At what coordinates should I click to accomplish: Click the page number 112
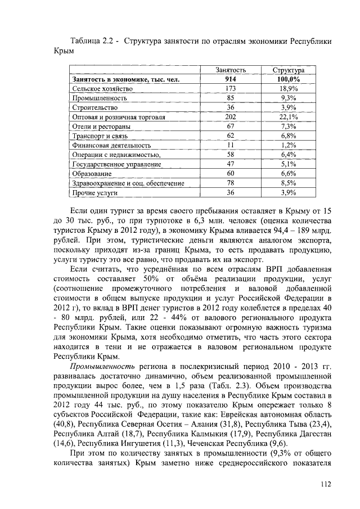pyautogui.click(x=322, y=483)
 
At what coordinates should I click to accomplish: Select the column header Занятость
pyautogui.click(x=231, y=70)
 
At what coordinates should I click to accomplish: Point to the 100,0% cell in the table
pyautogui.click(x=288, y=79)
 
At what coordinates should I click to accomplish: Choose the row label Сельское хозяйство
pyautogui.click(x=102, y=89)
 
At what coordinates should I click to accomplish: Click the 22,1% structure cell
pyautogui.click(x=288, y=117)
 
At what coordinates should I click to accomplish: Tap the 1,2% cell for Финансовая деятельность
pyautogui.click(x=288, y=145)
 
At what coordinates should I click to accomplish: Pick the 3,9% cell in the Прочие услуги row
pyautogui.click(x=288, y=192)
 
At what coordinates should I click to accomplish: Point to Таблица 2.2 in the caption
pyautogui.click(x=92, y=42)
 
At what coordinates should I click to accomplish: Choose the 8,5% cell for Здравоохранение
pyautogui.click(x=288, y=183)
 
